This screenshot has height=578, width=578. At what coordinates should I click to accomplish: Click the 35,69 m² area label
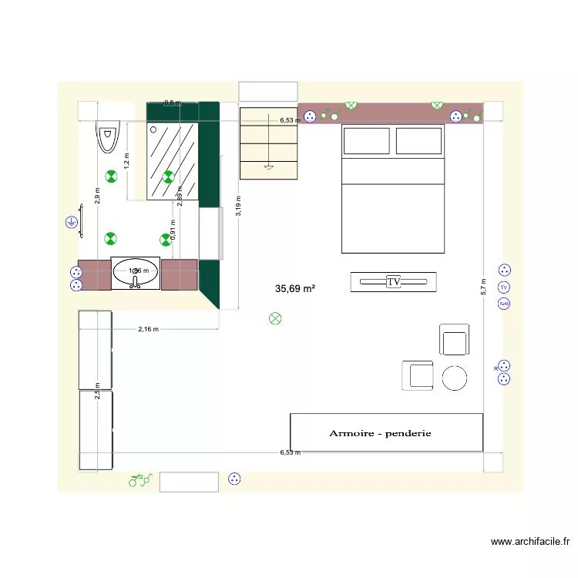pos(295,289)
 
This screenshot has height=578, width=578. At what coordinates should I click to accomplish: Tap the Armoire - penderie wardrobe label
pos(380,433)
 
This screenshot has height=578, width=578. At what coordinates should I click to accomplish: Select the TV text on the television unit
pos(394,283)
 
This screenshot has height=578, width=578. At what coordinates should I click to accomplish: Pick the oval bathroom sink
pos(136,271)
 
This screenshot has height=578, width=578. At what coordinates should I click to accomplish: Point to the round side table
pos(455,378)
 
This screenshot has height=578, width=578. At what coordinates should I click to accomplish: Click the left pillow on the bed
pos(366,142)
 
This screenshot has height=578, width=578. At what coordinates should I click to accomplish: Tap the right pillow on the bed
pos(419,142)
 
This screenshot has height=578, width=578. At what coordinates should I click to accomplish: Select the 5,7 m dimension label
pos(483,287)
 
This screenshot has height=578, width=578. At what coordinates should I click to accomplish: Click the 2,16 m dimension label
pos(148,329)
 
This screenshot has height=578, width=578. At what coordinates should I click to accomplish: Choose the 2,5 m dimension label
pos(97,391)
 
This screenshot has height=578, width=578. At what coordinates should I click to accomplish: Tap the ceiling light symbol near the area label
pos(275,318)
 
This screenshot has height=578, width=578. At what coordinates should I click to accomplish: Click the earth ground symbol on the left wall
pos(71,223)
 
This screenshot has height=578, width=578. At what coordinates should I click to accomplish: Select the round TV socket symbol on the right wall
pos(504,287)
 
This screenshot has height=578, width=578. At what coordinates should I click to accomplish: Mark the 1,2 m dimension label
pos(127,160)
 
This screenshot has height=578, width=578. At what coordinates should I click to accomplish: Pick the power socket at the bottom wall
pos(235,479)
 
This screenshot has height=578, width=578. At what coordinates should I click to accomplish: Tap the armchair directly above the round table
pos(454,340)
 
